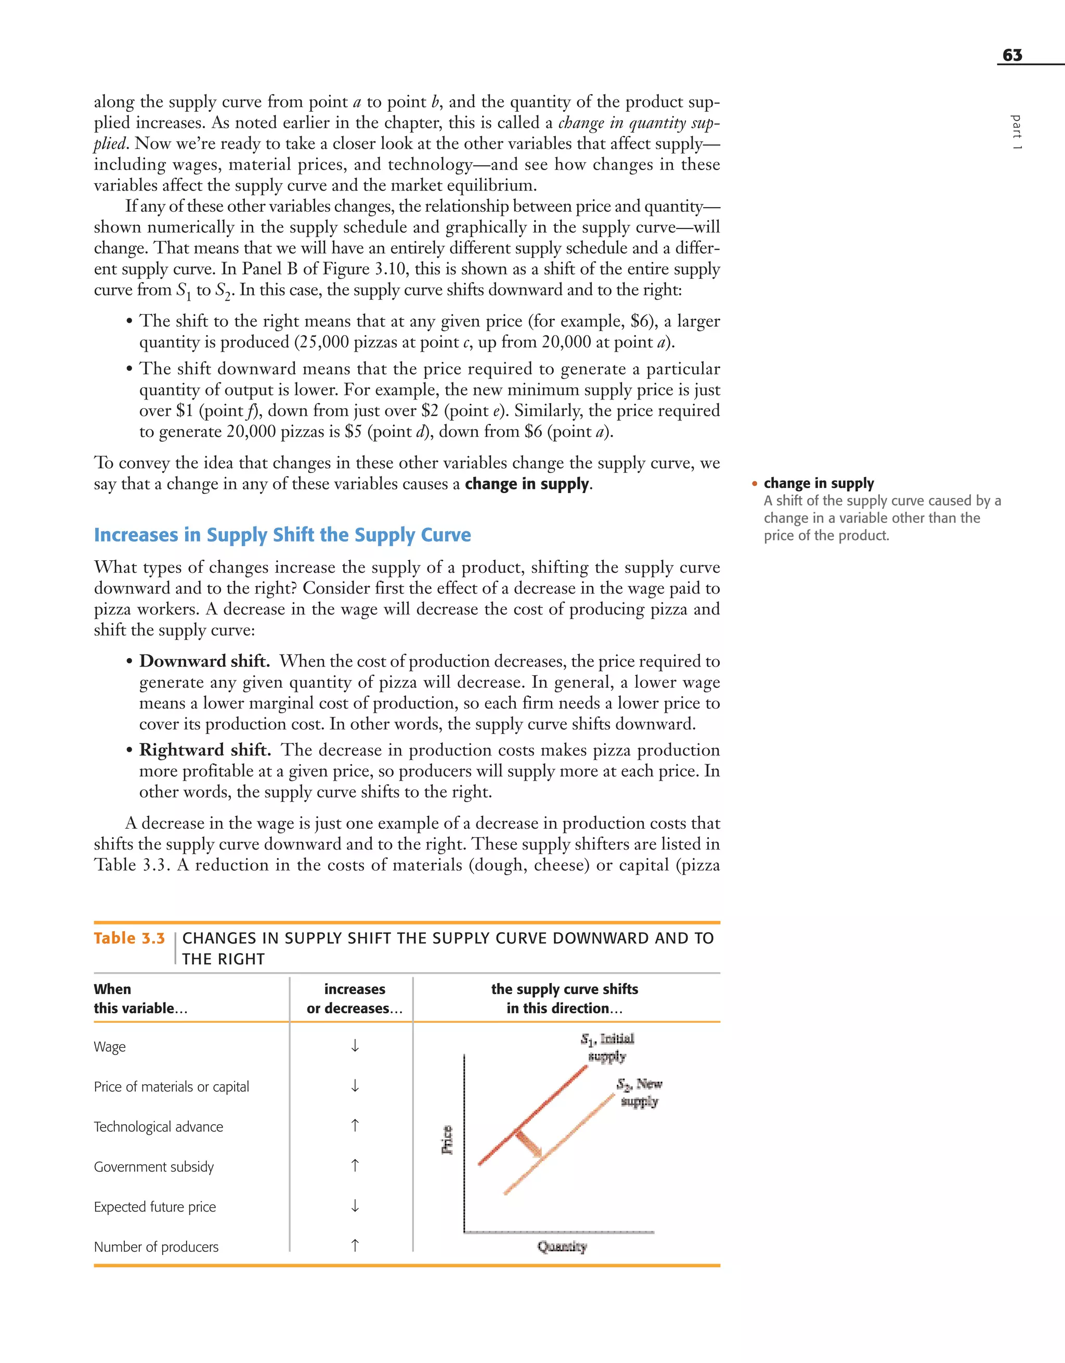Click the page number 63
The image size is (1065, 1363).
click(1012, 55)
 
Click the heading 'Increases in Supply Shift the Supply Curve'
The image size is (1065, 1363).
click(282, 535)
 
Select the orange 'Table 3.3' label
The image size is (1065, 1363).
click(129, 938)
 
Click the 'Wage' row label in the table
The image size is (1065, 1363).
click(110, 1047)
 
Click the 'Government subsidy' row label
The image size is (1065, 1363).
click(153, 1166)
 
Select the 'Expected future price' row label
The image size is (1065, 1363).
click(155, 1206)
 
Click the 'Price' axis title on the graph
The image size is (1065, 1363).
click(447, 1140)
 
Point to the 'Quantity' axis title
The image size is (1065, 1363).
click(562, 1246)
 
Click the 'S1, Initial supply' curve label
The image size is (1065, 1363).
click(607, 1047)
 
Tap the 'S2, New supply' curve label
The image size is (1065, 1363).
click(640, 1092)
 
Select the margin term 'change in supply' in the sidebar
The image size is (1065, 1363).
click(818, 483)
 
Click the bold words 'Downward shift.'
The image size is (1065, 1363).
click(204, 661)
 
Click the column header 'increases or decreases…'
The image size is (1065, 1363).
click(354, 998)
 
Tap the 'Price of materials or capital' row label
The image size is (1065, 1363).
click(172, 1087)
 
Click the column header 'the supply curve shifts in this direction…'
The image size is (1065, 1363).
click(564, 998)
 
